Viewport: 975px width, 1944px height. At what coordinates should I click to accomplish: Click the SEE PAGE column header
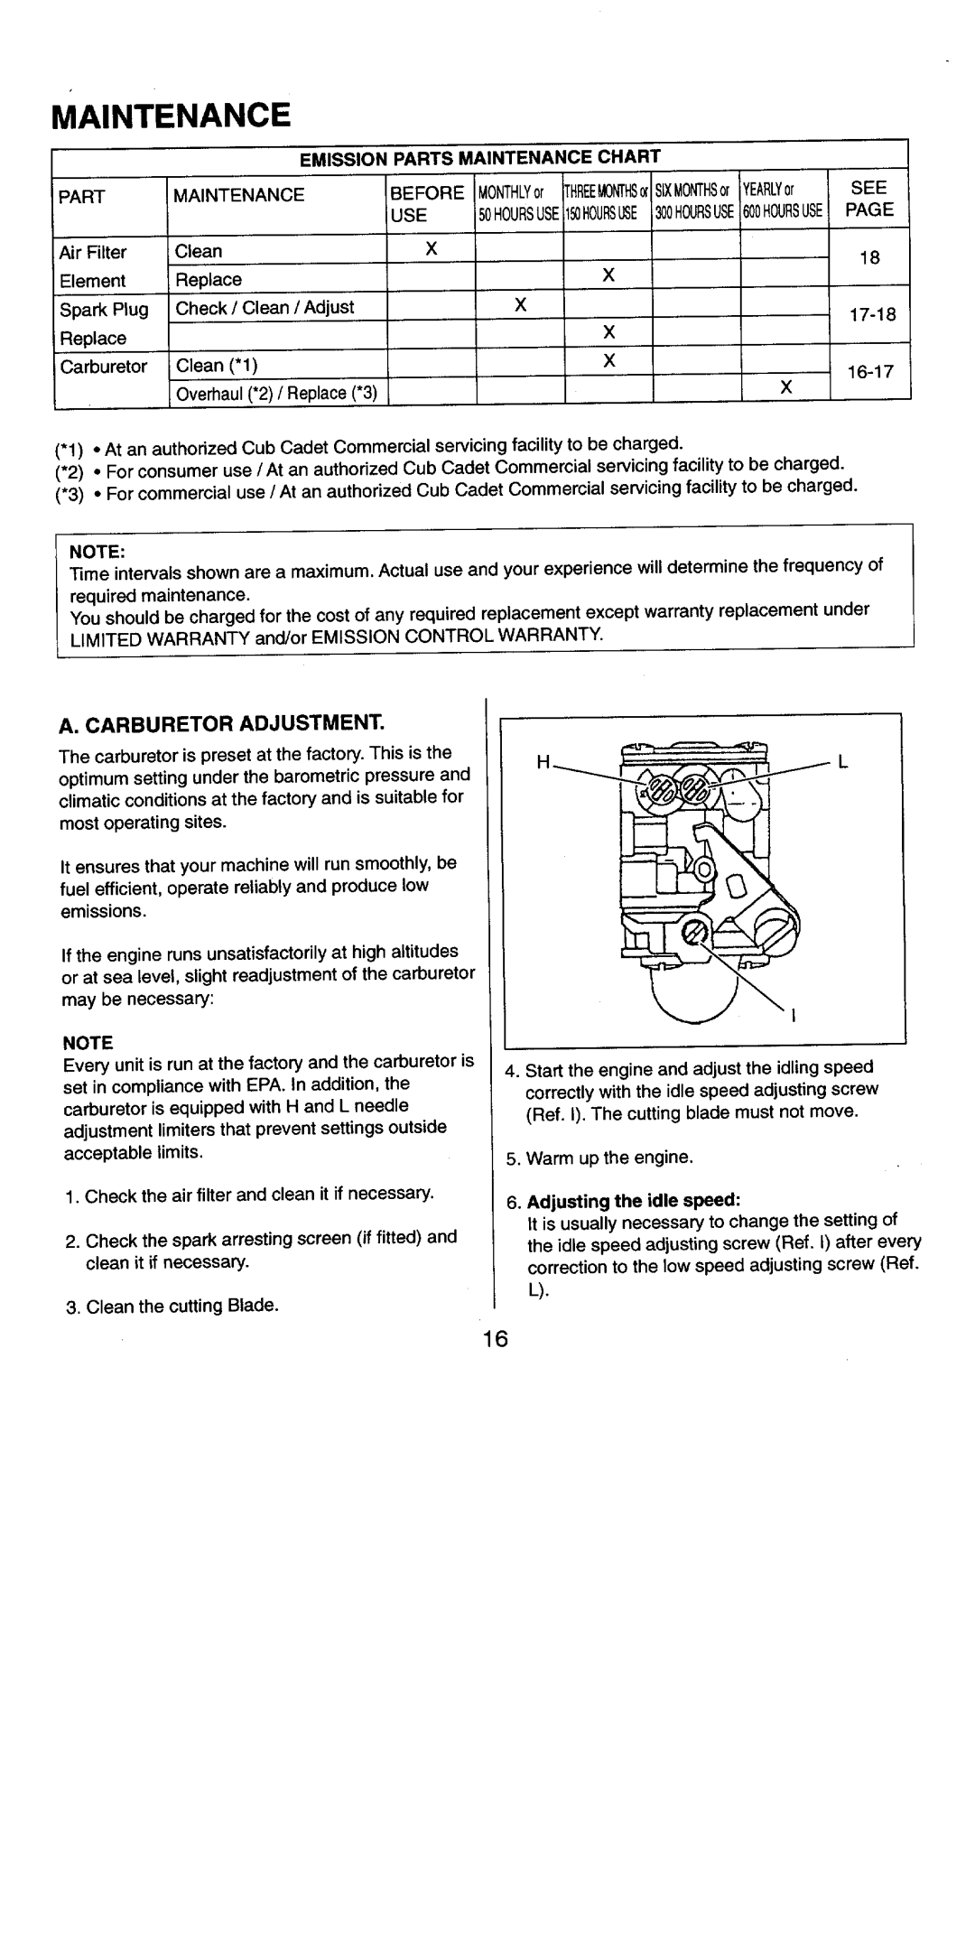[x=869, y=200]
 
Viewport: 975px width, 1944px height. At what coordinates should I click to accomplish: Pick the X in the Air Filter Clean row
[x=432, y=249]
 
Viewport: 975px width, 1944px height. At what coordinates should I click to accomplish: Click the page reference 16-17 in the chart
[x=869, y=370]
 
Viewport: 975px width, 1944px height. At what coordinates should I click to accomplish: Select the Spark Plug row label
[x=104, y=310]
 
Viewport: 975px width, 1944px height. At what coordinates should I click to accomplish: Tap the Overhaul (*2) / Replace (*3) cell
[x=276, y=394]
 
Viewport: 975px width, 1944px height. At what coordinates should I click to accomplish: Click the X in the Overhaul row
[x=785, y=387]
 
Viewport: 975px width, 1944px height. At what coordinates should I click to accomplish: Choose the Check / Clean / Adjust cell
[x=265, y=308]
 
